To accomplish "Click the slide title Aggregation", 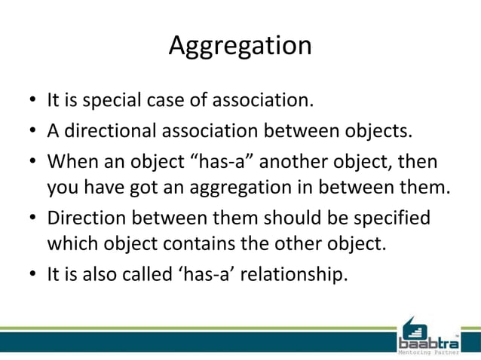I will point(240,45).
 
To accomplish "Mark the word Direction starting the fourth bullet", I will point(85,218).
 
